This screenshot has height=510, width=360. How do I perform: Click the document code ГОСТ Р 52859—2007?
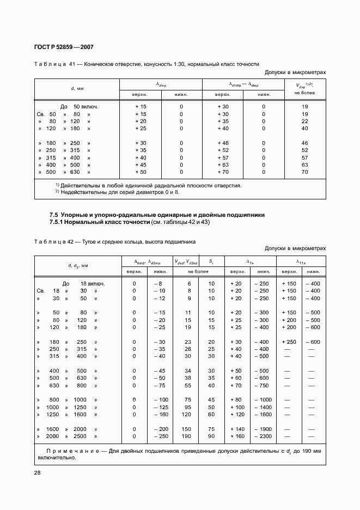click(x=59, y=48)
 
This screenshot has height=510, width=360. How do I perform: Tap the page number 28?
click(x=38, y=472)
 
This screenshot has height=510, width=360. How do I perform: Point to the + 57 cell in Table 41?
click(x=223, y=157)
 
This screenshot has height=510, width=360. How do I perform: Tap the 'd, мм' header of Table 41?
click(x=77, y=88)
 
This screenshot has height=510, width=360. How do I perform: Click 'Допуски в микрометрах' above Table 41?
click(x=295, y=72)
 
